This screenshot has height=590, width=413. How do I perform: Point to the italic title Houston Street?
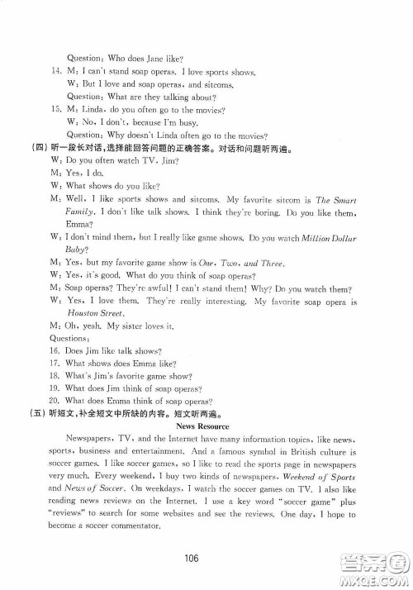[x=87, y=314]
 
